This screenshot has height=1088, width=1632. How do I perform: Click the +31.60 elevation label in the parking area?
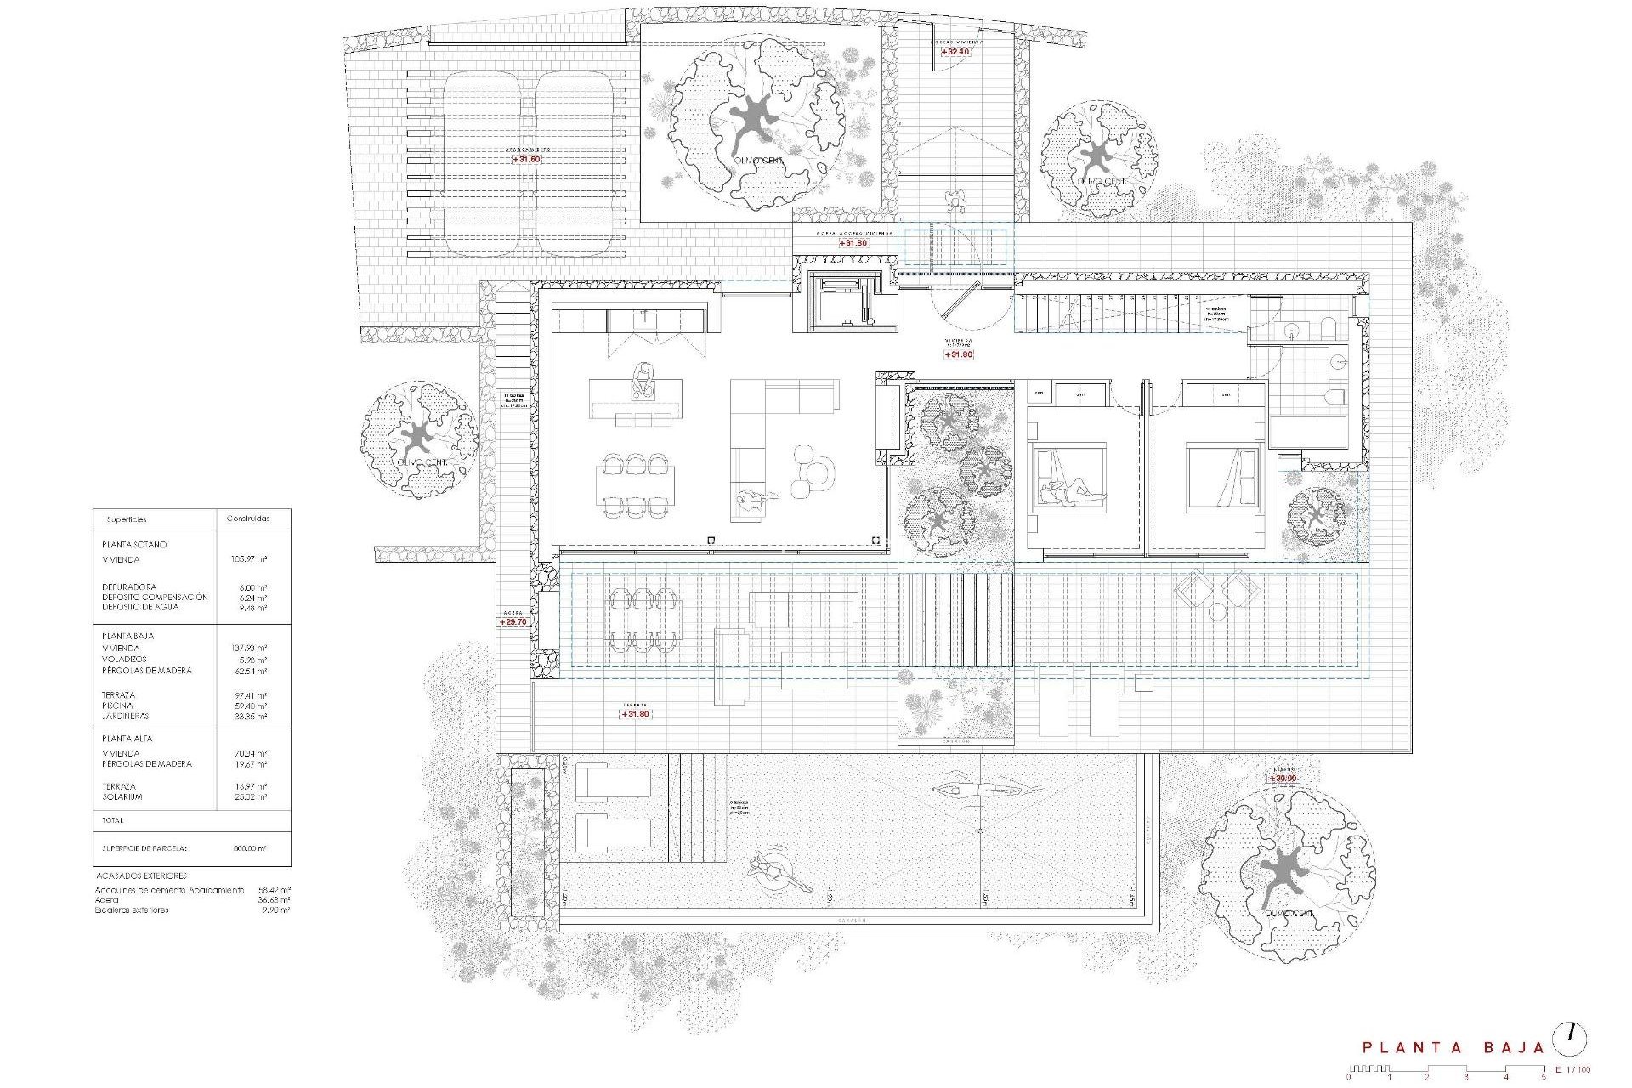click(526, 159)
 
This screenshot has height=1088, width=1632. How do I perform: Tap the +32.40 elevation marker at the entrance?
click(955, 52)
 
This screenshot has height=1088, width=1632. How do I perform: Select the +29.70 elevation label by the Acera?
click(513, 622)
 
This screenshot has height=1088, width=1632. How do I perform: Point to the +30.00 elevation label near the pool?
click(1283, 779)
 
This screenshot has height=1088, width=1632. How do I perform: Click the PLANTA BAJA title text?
click(1453, 1048)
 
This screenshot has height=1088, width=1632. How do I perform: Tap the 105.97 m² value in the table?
click(249, 559)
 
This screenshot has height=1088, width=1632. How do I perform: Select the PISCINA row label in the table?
click(117, 705)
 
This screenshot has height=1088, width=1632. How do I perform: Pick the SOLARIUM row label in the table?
click(122, 797)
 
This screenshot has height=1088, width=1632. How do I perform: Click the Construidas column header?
click(248, 518)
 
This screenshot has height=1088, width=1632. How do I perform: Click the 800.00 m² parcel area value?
click(249, 848)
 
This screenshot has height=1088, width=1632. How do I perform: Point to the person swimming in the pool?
click(977, 790)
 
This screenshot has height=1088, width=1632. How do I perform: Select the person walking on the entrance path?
click(957, 202)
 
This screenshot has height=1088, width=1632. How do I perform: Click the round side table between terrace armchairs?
click(1217, 611)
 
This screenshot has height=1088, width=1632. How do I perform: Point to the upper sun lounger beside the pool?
click(614, 780)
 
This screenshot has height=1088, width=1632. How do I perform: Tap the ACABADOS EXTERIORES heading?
click(141, 875)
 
